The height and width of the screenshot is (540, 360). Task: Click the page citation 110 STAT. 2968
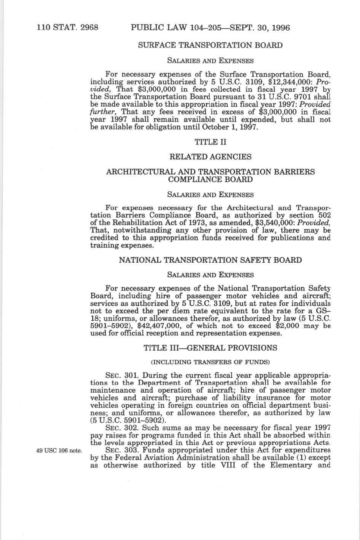(67, 28)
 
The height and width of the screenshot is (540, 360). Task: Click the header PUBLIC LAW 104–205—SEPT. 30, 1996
(210, 28)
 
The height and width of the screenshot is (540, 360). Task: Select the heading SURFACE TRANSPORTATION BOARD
(210, 45)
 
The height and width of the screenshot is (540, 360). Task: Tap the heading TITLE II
(210, 142)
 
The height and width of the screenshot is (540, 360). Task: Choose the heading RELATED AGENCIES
(210, 157)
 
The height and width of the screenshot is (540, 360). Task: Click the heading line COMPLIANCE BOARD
(210, 179)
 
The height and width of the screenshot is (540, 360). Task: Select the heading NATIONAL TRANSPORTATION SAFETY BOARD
(210, 260)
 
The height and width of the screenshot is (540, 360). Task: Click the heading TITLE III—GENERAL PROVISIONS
(210, 348)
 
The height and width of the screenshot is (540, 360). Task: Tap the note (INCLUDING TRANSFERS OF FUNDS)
(210, 362)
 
